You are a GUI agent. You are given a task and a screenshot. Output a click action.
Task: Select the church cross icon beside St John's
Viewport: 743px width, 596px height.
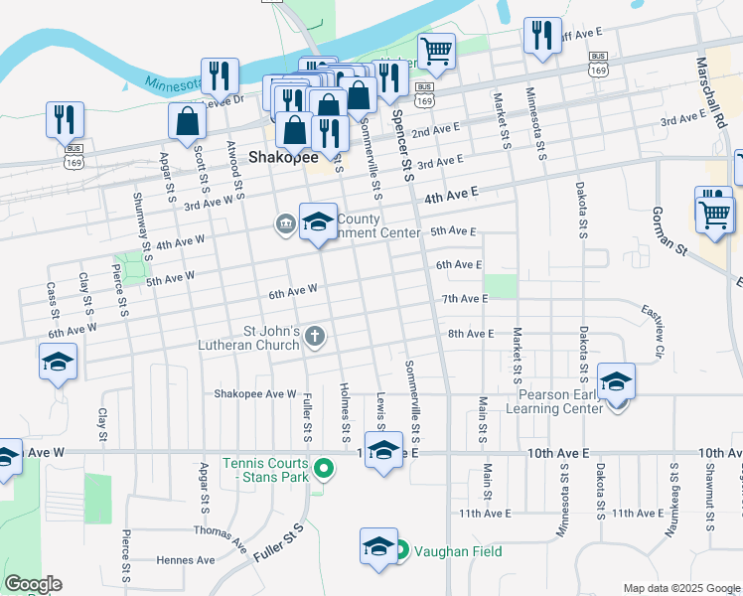[315, 336]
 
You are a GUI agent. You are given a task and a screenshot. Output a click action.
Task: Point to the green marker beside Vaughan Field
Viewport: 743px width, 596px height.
[401, 550]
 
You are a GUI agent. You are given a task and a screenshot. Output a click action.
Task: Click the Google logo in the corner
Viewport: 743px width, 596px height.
[33, 584]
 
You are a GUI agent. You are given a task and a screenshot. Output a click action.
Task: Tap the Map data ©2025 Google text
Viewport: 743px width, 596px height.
[682, 588]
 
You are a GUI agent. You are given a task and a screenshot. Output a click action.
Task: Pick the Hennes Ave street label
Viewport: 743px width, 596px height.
[186, 560]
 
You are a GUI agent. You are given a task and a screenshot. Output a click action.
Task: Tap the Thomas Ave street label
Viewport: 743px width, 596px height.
[221, 537]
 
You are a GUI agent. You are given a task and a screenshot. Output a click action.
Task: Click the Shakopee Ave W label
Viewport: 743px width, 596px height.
[255, 393]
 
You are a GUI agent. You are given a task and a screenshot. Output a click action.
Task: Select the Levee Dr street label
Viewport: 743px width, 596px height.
[223, 99]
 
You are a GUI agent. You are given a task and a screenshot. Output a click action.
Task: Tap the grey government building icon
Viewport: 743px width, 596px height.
[286, 224]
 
